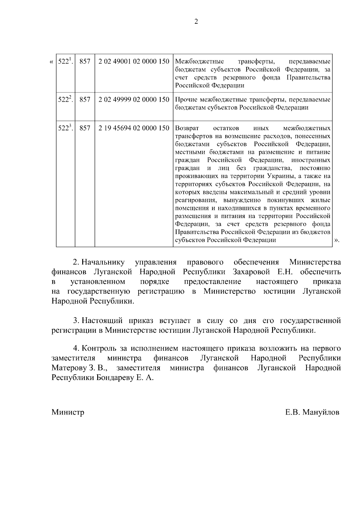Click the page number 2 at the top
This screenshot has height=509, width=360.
196,22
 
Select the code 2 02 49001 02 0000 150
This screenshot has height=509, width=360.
134,61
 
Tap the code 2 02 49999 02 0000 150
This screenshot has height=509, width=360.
134,100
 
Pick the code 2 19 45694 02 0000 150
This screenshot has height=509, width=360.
134,128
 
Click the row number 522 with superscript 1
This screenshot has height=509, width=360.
65,61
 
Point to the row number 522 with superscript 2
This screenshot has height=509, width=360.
65,100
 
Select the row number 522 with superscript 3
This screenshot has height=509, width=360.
65,128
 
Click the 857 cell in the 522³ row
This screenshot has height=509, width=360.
85,128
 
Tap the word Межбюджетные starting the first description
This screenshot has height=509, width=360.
199,61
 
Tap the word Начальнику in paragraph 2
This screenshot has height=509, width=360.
103,262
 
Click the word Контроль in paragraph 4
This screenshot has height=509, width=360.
99,349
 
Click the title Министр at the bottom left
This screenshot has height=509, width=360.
68,412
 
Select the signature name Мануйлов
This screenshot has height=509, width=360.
321,412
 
